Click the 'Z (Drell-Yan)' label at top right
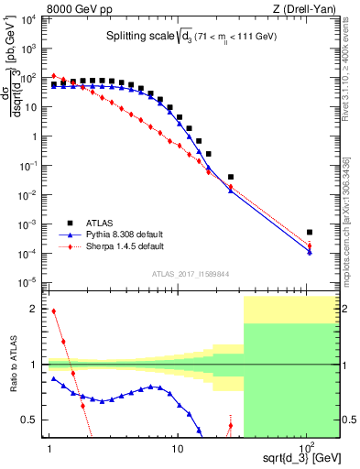click(x=306, y=10)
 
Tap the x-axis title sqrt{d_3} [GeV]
click(x=292, y=455)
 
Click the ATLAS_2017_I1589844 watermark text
click(x=190, y=272)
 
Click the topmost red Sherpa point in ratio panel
click(x=53, y=311)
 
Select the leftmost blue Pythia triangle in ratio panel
click(x=53, y=377)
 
